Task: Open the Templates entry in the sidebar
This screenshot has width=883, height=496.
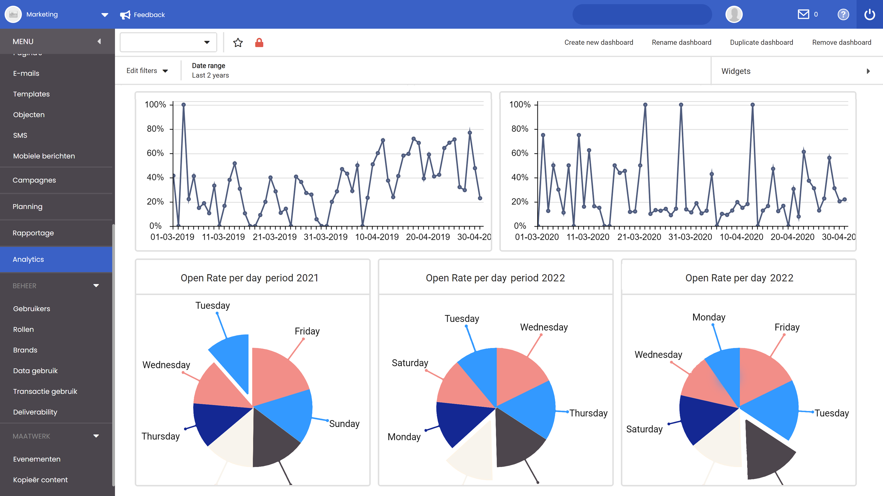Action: pos(31,94)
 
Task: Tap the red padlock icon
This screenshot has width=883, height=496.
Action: pos(259,42)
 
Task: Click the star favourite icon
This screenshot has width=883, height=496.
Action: pos(238,42)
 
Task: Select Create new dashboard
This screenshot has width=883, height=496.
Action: pos(599,42)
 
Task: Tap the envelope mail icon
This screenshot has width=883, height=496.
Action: pos(803,14)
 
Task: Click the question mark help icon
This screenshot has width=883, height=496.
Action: pos(843,14)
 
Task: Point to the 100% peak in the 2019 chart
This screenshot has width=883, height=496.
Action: pos(183,105)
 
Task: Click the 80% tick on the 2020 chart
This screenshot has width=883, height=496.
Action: pos(520,129)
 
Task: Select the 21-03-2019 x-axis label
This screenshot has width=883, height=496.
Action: pos(274,237)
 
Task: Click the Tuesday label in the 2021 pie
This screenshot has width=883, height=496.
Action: pos(212,305)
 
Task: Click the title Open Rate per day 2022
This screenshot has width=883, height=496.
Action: pos(739,278)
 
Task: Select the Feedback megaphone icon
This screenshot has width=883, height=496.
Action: pos(125,15)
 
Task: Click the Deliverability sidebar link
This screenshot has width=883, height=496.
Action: pos(35,412)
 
